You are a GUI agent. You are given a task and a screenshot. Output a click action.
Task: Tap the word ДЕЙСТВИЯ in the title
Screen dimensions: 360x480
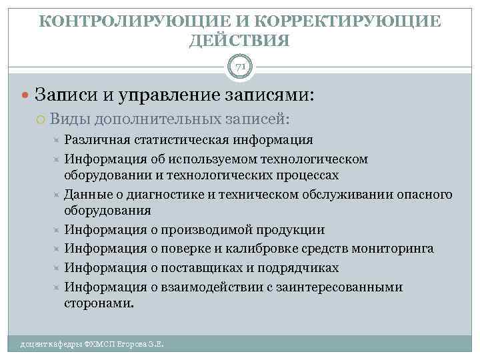tap(240, 41)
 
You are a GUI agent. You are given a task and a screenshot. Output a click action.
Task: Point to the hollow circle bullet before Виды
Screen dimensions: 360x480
tap(42, 119)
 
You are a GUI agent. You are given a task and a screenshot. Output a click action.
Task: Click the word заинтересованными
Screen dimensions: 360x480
tap(345, 287)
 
